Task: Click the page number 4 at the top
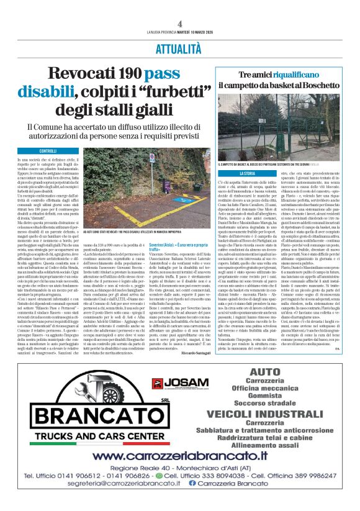tap(179, 24)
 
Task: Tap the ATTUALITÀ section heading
tap(179, 47)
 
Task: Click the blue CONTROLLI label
tap(48, 151)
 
